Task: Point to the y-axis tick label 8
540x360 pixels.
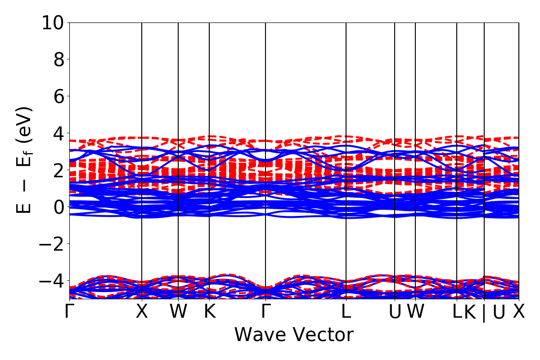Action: [x=59, y=59]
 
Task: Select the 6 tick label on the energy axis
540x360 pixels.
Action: [x=59, y=96]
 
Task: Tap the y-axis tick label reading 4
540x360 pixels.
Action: [x=59, y=133]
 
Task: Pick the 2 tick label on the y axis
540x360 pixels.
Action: [x=59, y=170]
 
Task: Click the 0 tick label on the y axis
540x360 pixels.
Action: [x=59, y=207]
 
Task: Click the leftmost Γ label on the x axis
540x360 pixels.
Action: [x=68, y=311]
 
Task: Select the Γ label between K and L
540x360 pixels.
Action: [x=266, y=311]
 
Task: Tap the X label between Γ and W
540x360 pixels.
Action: [x=142, y=311]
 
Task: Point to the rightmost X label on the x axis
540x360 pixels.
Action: [x=519, y=311]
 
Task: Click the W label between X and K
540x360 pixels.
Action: [x=178, y=311]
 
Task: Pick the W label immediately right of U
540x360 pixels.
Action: [x=416, y=311]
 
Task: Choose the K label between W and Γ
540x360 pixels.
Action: [x=209, y=311]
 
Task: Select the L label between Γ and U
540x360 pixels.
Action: [x=346, y=311]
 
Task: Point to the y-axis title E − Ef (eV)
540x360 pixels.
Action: [x=25, y=160]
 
